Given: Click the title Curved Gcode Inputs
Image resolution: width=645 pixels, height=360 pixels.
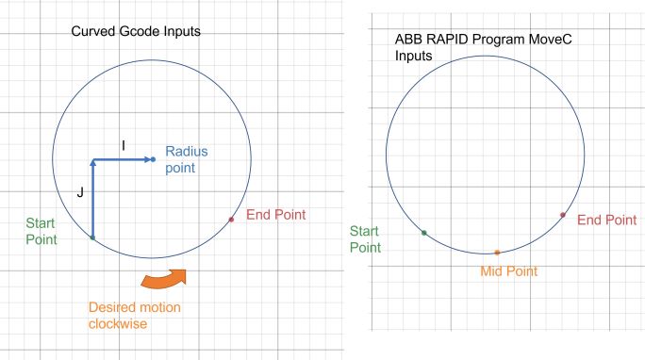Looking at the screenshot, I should (x=136, y=32).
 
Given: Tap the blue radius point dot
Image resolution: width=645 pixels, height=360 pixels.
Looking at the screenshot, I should (x=153, y=159).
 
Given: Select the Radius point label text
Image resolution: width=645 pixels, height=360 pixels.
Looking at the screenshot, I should (x=186, y=159).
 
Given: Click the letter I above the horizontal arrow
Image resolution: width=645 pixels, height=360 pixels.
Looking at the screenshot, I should (x=123, y=144).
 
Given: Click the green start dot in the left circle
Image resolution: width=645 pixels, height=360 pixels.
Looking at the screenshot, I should (x=91, y=237).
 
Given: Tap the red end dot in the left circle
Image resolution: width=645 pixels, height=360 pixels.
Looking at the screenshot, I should (x=231, y=220).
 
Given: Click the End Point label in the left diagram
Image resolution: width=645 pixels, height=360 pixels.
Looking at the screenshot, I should (x=276, y=215).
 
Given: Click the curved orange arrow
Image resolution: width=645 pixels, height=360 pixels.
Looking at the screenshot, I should (x=164, y=279).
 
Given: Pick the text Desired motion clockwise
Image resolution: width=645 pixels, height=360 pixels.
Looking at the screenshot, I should (x=135, y=316).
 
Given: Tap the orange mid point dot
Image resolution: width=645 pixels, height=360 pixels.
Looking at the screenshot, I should (x=497, y=253).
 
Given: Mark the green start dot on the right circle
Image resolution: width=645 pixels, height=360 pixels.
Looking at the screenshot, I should (x=424, y=232).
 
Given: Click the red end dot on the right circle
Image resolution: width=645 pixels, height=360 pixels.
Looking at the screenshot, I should (x=563, y=215).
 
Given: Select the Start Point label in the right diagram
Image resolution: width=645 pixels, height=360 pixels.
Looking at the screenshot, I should (x=365, y=239).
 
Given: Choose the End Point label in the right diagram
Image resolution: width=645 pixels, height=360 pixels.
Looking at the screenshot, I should (x=606, y=221).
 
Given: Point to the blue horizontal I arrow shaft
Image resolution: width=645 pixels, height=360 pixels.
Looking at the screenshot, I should (x=121, y=159).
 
